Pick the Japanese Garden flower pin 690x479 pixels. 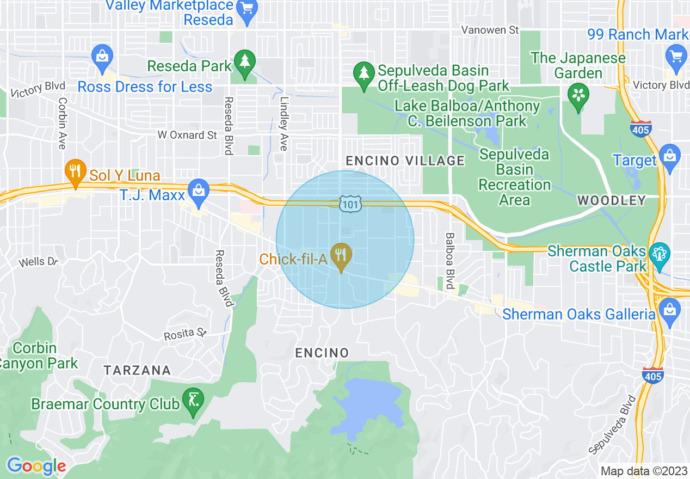(x=578, y=95)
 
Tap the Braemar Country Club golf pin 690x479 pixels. (x=193, y=402)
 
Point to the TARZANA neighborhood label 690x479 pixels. (x=138, y=371)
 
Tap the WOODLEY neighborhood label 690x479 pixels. (x=611, y=201)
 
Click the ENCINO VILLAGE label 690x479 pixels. (x=405, y=161)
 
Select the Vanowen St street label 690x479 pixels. (x=490, y=30)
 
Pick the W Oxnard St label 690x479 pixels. (x=187, y=135)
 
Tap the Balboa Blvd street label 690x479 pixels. (x=449, y=261)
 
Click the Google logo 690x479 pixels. (x=36, y=466)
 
